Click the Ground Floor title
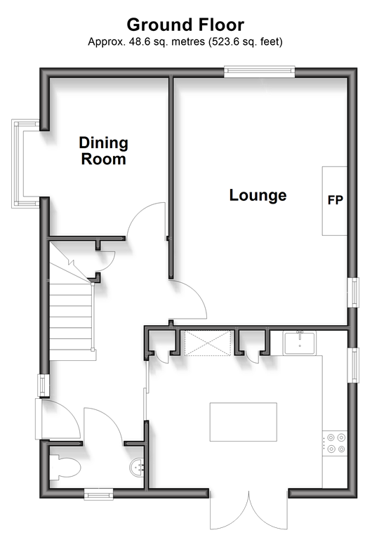coord(185,25)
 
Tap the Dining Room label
coord(103,151)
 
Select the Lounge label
coord(258,195)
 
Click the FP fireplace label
coord(336,200)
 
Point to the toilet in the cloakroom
coord(65,467)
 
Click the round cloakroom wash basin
coord(137,467)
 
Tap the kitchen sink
coord(300,343)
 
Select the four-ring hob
coord(336,443)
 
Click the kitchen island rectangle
coord(244,422)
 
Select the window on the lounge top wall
coord(259,72)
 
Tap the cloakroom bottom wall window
coord(98,494)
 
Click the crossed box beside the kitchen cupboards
coord(208,343)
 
